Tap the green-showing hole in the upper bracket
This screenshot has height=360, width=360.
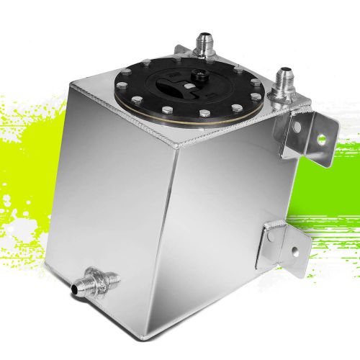(321, 138)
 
